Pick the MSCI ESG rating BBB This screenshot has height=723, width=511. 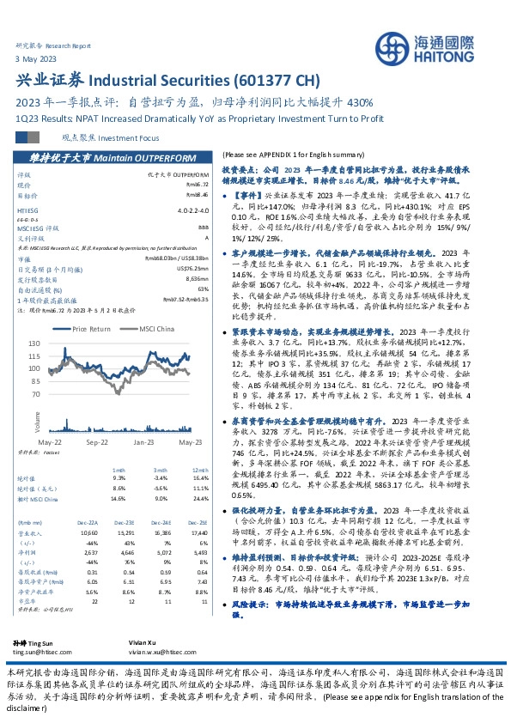coord(202,228)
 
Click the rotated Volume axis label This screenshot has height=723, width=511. coord(37,421)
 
